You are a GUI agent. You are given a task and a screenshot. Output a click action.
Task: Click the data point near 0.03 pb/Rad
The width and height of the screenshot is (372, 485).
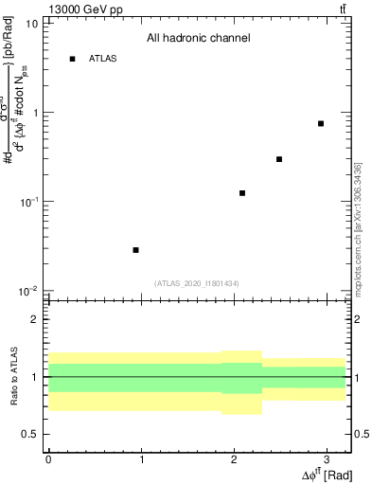click(x=136, y=250)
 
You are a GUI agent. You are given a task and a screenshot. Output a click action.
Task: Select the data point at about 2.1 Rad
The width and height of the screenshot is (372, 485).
click(x=242, y=193)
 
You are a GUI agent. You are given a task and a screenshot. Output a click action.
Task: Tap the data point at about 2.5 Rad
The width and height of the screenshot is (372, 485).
click(x=279, y=159)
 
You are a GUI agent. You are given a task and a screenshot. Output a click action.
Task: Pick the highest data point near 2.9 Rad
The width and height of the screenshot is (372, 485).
click(x=321, y=124)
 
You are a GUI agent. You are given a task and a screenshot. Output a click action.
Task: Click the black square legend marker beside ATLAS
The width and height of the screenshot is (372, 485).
click(x=72, y=59)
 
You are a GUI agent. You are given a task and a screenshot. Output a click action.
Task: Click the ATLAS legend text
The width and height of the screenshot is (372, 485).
click(x=102, y=59)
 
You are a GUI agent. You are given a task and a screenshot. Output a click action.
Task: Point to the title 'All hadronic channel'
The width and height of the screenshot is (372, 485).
click(x=198, y=39)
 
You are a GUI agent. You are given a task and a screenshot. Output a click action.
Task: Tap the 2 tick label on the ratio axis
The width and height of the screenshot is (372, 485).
click(x=34, y=319)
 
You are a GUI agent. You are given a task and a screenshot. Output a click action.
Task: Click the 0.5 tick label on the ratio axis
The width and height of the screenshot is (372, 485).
click(x=29, y=434)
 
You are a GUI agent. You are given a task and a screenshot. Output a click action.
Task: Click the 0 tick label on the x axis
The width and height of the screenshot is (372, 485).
click(x=48, y=459)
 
